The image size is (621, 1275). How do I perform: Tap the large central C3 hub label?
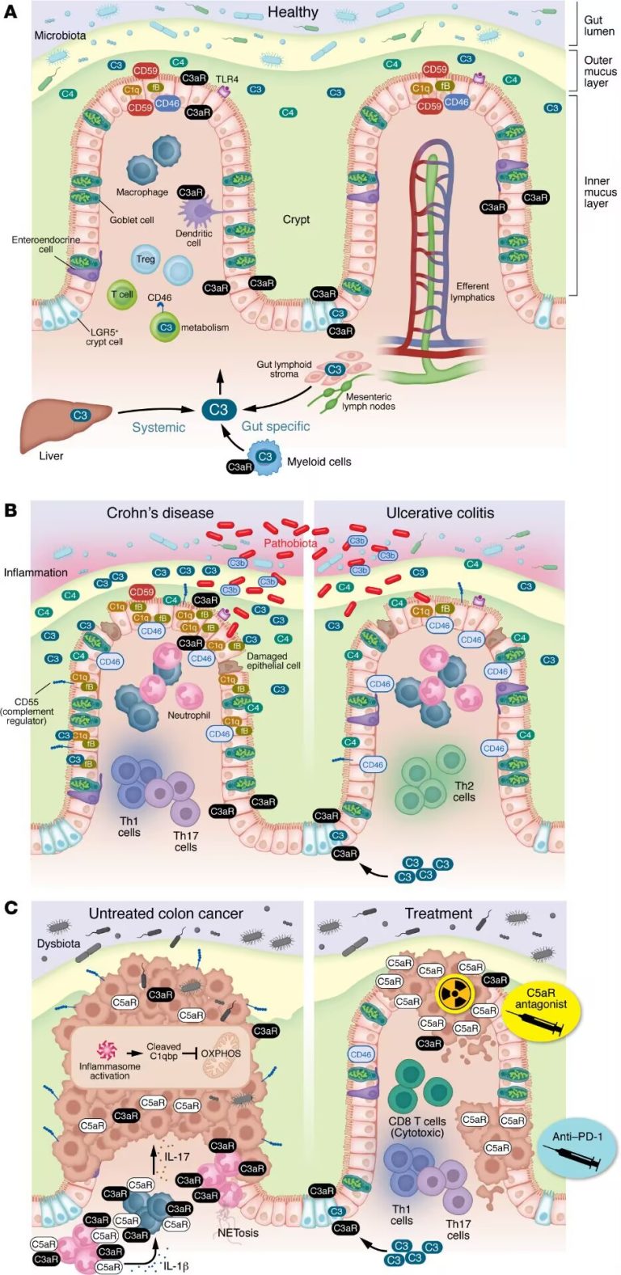[x=218, y=410]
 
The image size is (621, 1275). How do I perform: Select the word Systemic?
[x=158, y=427]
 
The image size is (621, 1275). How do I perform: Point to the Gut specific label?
[x=276, y=426]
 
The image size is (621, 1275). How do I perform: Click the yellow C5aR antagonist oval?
[x=547, y=1004]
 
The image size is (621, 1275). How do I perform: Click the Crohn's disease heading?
[x=160, y=513]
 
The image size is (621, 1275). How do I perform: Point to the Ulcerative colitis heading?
[x=440, y=513]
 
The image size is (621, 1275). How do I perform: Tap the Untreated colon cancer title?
[x=166, y=914]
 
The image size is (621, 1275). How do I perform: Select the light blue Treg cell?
[x=146, y=259]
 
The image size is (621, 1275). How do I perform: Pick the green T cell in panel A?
[x=121, y=294]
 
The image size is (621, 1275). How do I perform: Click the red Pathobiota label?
[x=290, y=543]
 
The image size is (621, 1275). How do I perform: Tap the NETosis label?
[x=238, y=1233]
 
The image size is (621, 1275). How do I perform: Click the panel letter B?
[x=11, y=510]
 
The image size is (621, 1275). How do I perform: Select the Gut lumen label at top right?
[x=599, y=25]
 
